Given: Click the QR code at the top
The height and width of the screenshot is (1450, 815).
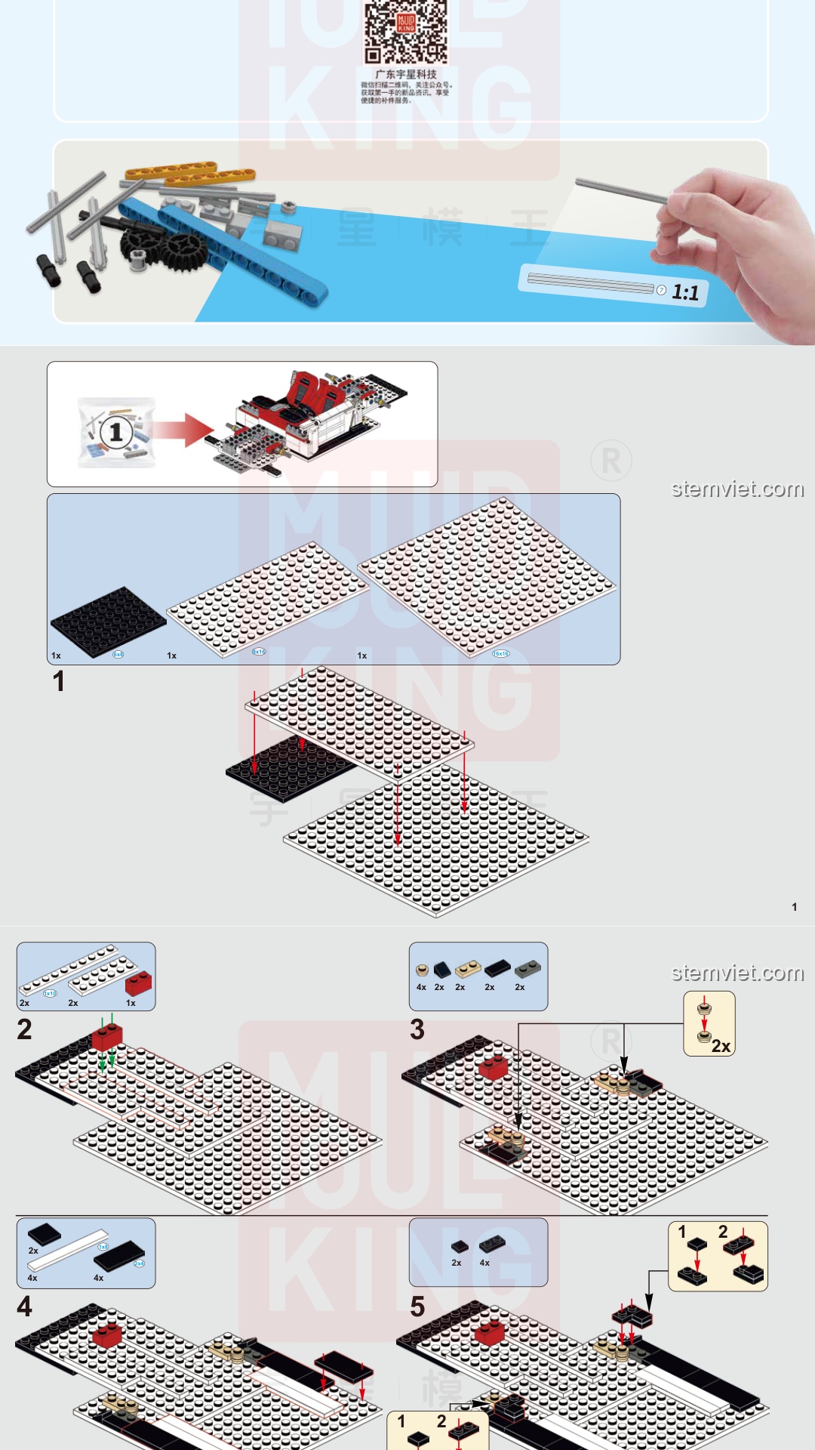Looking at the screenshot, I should (x=406, y=32).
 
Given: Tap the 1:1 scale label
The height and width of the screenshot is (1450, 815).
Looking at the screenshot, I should (x=685, y=292).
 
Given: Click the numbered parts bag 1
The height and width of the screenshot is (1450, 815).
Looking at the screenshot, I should (x=116, y=432).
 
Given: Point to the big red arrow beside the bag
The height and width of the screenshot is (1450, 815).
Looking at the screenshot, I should (x=185, y=430).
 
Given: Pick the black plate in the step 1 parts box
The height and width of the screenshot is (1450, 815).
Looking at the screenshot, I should (x=108, y=622).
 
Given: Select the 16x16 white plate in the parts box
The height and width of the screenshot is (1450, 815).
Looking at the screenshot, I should (x=487, y=578).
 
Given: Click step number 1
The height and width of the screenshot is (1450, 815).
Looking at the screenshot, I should (x=58, y=681).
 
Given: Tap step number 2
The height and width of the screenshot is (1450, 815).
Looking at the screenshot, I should (x=24, y=1029).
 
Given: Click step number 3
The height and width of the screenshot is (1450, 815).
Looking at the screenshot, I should (x=417, y=1029).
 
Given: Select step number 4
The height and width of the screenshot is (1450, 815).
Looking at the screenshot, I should (x=24, y=1306).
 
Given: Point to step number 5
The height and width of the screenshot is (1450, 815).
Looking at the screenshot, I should (x=417, y=1306).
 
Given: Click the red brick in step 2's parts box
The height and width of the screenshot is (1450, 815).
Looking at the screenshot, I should (x=138, y=983).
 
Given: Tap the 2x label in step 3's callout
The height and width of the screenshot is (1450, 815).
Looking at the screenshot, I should (x=721, y=1046).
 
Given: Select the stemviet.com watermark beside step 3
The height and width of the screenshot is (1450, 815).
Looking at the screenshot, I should (x=737, y=973).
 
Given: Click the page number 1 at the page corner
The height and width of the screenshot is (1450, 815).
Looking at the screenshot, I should (x=794, y=906).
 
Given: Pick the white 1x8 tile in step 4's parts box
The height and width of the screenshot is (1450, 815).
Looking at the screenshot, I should (x=68, y=1250).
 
